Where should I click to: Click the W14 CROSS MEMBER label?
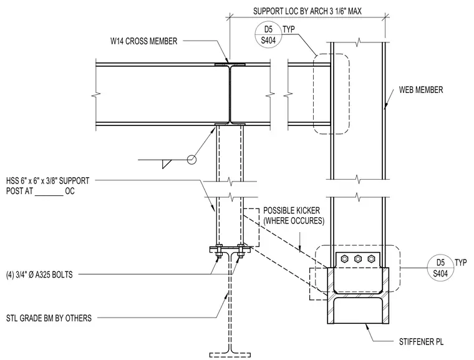[x=143, y=41]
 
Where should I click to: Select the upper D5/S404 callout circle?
[x=268, y=35]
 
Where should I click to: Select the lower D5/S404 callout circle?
[x=440, y=268]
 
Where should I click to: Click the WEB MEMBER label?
[x=421, y=90]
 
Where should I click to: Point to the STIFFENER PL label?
[x=421, y=342]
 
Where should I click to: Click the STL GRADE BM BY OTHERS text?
[x=49, y=318]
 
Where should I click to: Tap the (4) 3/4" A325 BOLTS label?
[x=39, y=275]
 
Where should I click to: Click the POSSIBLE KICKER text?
[x=291, y=210]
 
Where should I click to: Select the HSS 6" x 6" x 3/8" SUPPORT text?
[x=48, y=181]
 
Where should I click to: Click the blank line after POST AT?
[x=49, y=195]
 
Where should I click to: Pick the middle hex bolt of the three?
[x=358, y=259]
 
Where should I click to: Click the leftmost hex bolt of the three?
[x=344, y=259]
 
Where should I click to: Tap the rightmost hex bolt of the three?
[x=371, y=259]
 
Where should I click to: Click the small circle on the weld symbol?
[x=191, y=160]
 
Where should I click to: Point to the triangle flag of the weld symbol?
[x=166, y=163]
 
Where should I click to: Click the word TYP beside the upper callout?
[x=289, y=29]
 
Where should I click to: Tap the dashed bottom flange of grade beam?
[x=230, y=355]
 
